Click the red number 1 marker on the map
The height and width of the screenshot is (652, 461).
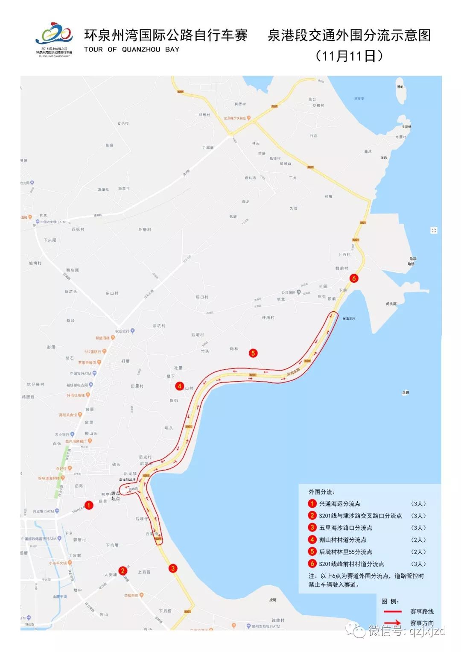coord(89,505)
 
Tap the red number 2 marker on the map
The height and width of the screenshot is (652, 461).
coord(123,570)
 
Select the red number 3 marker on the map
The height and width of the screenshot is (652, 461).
coord(173,568)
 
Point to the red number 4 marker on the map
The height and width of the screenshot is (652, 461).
coord(180,386)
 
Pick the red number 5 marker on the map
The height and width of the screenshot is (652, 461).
coord(253,353)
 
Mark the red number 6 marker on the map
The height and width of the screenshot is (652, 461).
coord(353,278)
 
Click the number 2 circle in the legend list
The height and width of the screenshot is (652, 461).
coord(312,515)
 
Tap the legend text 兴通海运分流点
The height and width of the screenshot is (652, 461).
coord(340,504)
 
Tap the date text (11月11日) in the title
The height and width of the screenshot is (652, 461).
coord(349,56)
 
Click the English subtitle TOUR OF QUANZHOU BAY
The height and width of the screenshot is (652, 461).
coord(131,50)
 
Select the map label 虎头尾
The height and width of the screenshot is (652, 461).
coord(391,304)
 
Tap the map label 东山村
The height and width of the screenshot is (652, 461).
coord(112,293)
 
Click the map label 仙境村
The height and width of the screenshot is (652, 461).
coord(35,263)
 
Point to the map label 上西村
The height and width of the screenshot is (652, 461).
coord(344,254)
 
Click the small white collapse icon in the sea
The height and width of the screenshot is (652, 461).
coord(434,231)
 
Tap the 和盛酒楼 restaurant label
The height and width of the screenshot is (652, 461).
coord(103,338)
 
